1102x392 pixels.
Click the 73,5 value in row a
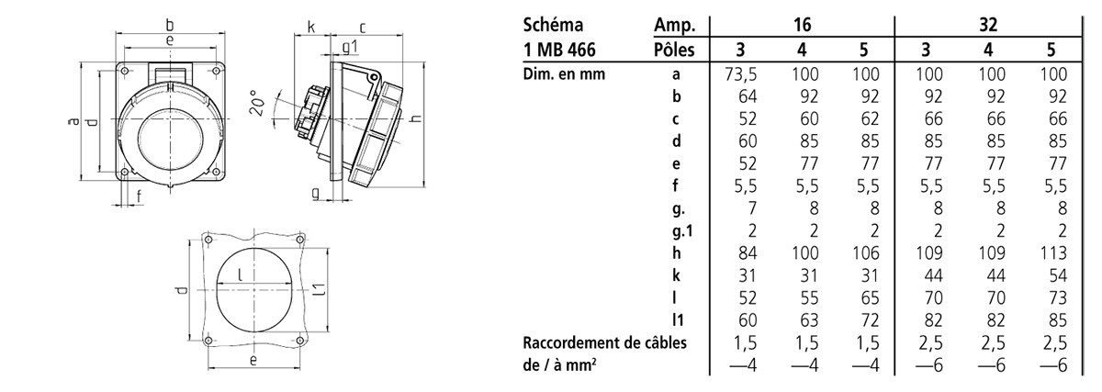coord(740,74)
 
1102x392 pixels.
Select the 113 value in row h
coord(1052,252)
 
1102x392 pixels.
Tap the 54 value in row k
coord(1057,275)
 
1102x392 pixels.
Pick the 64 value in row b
coord(748,96)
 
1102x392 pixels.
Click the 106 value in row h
coord(865,252)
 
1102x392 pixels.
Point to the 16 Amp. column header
coord(802,25)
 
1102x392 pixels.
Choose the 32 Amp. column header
coord(988,25)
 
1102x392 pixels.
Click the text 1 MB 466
coord(559,50)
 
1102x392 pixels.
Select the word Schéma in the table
coord(553,25)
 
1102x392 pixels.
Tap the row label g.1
coord(682,230)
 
